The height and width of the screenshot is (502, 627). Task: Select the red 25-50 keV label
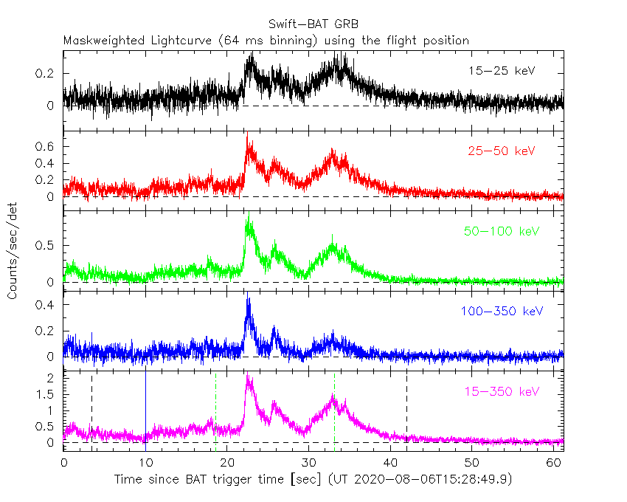(x=501, y=151)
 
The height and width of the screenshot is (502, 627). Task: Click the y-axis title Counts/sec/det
(x=13, y=251)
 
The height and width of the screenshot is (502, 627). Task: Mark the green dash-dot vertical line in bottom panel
(x=215, y=413)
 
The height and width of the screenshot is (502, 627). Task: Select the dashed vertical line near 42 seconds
(x=406, y=413)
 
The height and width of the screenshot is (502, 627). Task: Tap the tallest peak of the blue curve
(x=249, y=300)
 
